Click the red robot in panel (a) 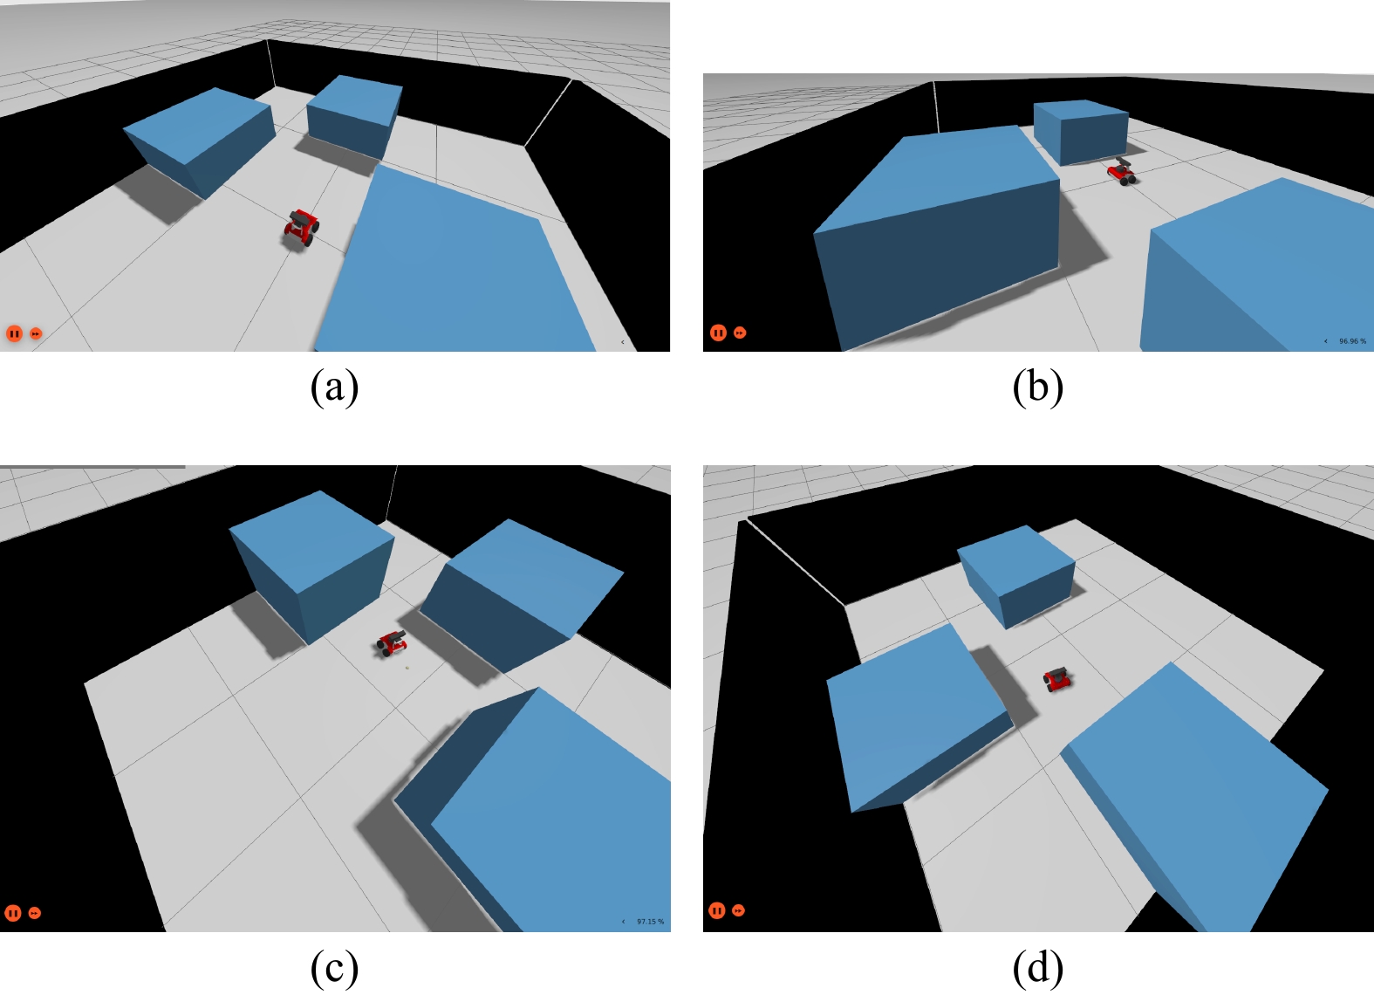[302, 228]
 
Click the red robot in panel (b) [1122, 171]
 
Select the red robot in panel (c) [392, 643]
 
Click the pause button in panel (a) [14, 333]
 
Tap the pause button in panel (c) [13, 913]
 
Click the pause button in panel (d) [716, 910]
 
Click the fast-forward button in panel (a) [36, 334]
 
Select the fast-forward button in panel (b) [741, 333]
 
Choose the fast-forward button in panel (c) [35, 913]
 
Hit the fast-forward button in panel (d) [739, 910]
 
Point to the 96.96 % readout [1352, 341]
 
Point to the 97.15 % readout [650, 922]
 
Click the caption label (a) [334, 388]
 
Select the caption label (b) [1038, 388]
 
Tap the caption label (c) [334, 968]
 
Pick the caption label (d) [1038, 968]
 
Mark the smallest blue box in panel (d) [1016, 576]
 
